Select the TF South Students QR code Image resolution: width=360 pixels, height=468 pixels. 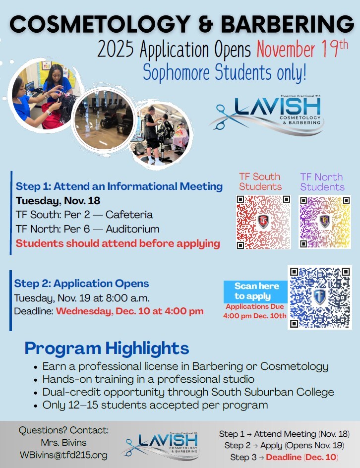pyautogui.click(x=264, y=222)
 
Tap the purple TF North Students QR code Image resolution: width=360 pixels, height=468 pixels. pyautogui.click(x=325, y=222)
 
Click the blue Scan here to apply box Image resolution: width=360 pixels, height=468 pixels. pyautogui.click(x=256, y=292)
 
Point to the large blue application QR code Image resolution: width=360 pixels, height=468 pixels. pyautogui.click(x=320, y=297)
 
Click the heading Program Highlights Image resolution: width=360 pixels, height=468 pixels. pyautogui.click(x=107, y=348)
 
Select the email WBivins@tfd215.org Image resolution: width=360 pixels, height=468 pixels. pyautogui.click(x=63, y=455)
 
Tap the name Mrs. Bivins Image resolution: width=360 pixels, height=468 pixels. pyautogui.click(x=63, y=443)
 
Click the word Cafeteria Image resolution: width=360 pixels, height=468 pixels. pyautogui.click(x=129, y=215)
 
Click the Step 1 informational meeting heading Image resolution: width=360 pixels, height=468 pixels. pyautogui.click(x=119, y=186)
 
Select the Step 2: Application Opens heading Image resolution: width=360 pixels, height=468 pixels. pyautogui.click(x=82, y=284)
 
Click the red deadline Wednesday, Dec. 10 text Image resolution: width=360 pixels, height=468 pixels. pyautogui.click(x=129, y=311)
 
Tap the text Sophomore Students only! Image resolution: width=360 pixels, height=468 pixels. pyautogui.click(x=225, y=72)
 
